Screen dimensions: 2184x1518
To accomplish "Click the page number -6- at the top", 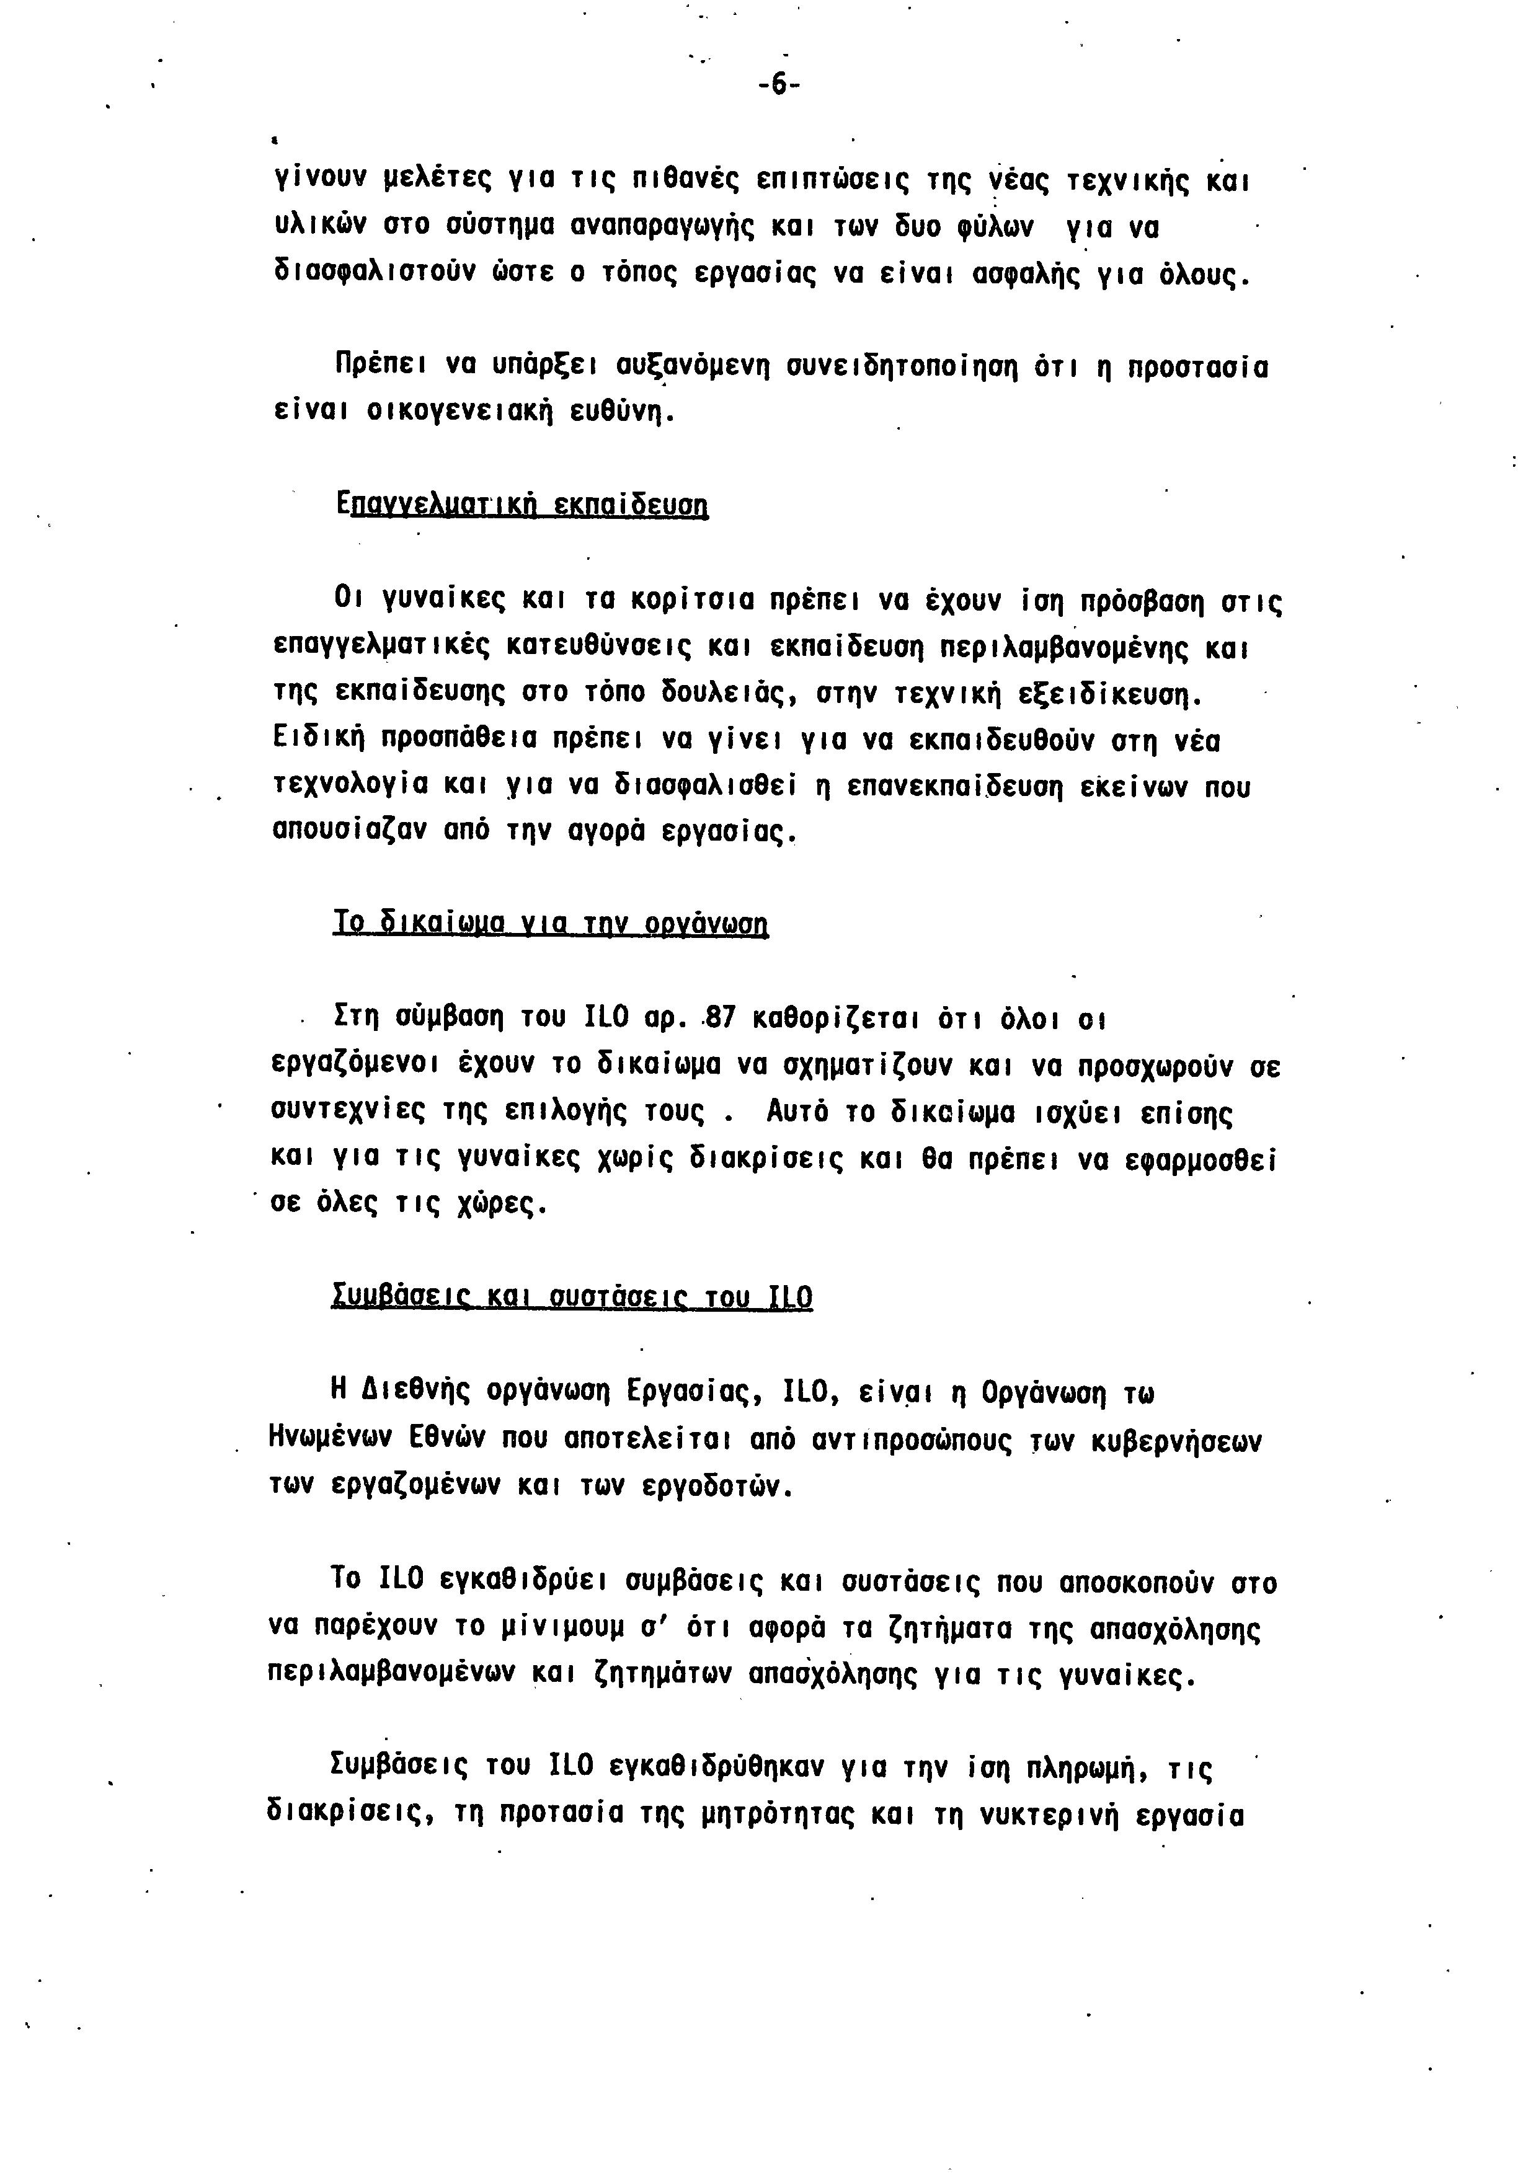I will (779, 86).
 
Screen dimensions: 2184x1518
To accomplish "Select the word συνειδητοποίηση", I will (903, 366).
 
